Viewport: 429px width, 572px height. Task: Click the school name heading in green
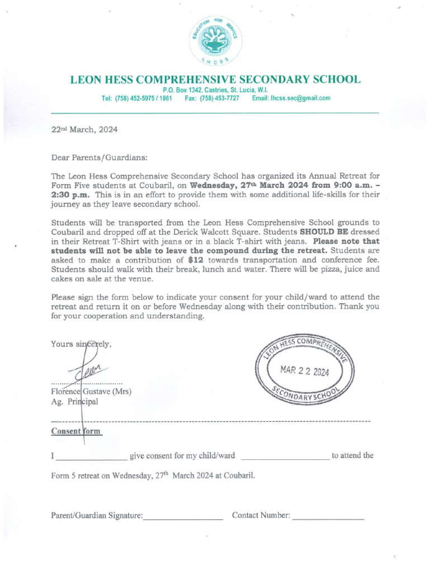click(215, 79)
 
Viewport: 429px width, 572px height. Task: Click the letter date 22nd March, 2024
click(84, 129)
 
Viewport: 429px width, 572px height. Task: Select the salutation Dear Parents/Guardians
click(100, 158)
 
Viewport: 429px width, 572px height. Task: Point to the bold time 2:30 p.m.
click(70, 195)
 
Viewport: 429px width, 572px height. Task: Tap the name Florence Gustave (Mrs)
click(91, 392)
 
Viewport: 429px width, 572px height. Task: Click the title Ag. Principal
click(74, 402)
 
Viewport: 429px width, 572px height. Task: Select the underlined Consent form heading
click(76, 431)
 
